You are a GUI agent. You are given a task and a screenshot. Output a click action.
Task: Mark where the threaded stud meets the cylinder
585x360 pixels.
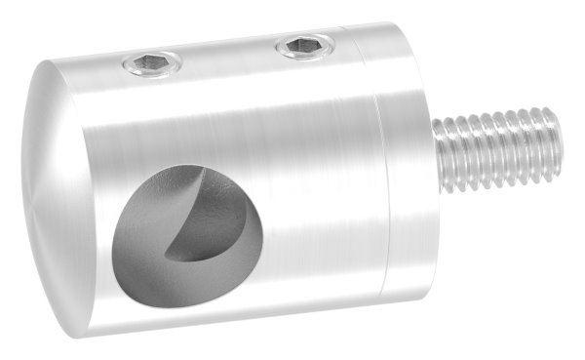(436, 151)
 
